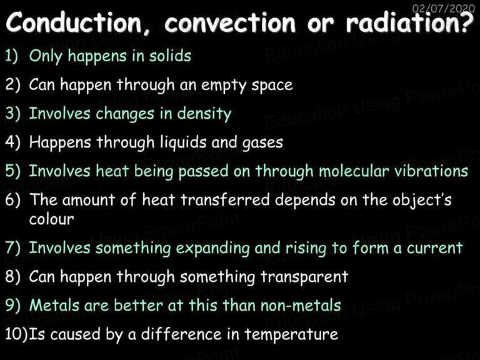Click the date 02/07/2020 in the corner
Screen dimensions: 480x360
pos(444,8)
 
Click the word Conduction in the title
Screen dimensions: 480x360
pos(74,22)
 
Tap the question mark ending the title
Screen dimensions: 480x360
pos(467,21)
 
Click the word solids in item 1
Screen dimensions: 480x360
pos(170,56)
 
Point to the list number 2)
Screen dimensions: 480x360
pos(13,84)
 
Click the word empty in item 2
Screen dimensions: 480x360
pos(224,86)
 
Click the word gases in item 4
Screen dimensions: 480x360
pos(262,143)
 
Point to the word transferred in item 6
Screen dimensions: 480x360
pos(225,199)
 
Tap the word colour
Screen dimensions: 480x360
pos(51,219)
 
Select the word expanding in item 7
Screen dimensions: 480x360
pos(212,249)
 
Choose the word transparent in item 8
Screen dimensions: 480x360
pos(304,277)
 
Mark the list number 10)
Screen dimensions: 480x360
pos(16,334)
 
